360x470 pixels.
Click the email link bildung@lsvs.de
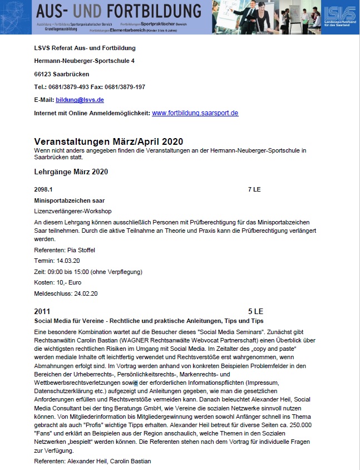(x=80, y=100)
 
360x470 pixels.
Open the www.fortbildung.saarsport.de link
(x=195, y=113)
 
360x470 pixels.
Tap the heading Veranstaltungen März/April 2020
(x=109, y=141)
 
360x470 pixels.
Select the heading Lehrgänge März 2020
(x=71, y=172)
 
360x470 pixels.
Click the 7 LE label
(x=254, y=190)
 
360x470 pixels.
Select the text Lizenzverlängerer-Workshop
(x=73, y=211)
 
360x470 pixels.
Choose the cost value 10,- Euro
(x=67, y=282)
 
